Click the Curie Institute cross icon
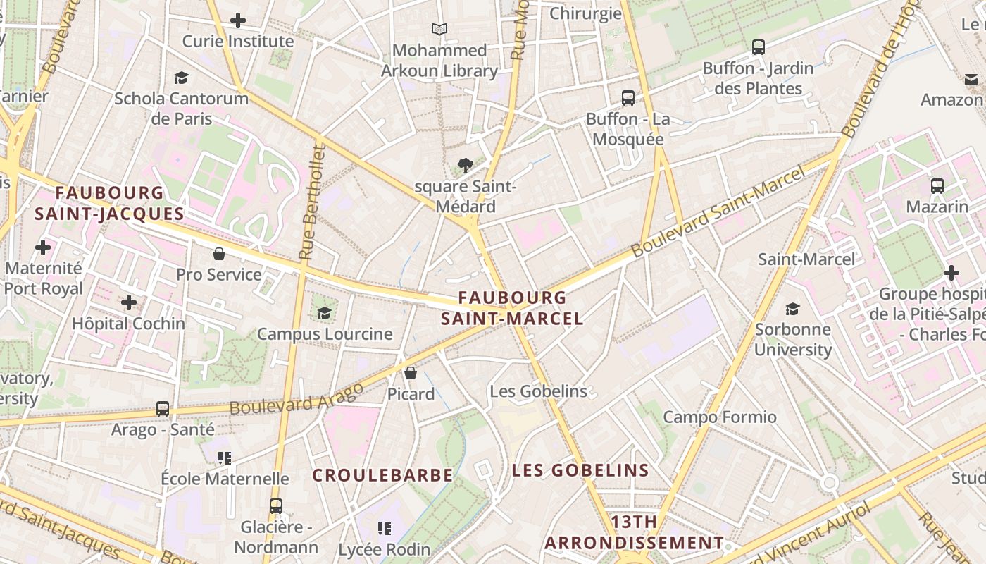coord(238,20)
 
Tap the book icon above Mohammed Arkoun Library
coord(439,29)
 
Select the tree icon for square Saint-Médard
coord(465,166)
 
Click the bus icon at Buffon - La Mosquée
coord(628,98)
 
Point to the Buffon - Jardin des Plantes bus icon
coord(758,47)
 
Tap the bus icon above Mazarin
coord(937,186)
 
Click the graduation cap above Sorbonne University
coord(792,309)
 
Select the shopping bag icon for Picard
coord(411,373)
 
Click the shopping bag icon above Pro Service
coord(219,254)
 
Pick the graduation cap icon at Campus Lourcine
coord(324,313)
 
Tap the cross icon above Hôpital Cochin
coord(128,302)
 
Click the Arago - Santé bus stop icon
coord(162,408)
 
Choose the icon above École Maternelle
coord(225,458)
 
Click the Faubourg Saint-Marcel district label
coord(512,308)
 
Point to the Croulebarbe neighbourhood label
coord(382,475)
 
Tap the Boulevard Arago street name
coord(297,399)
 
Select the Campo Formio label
coord(720,417)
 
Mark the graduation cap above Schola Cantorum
coord(181,78)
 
